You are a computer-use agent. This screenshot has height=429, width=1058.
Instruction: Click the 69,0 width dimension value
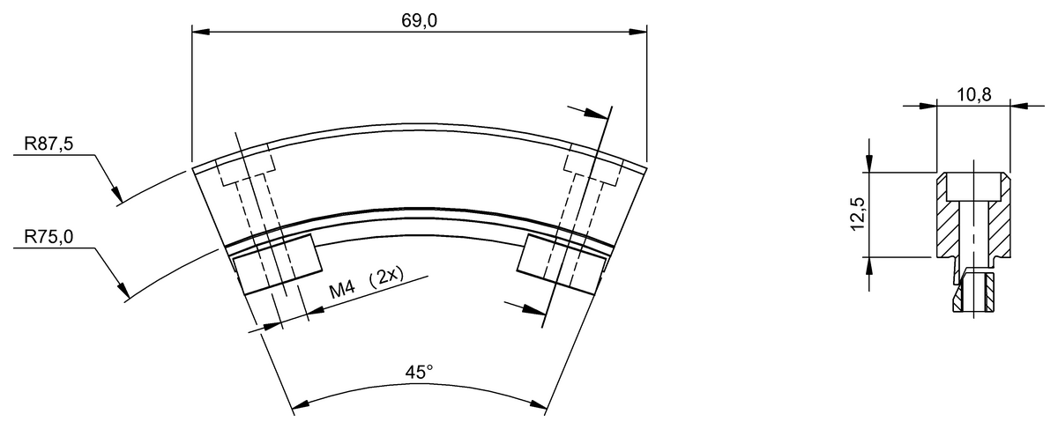pyautogui.click(x=419, y=21)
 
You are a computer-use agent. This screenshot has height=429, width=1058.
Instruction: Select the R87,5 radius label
pyautogui.click(x=49, y=144)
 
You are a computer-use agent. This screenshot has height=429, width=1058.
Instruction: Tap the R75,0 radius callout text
pyautogui.click(x=49, y=237)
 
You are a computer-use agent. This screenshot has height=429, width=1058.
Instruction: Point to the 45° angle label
pyautogui.click(x=419, y=373)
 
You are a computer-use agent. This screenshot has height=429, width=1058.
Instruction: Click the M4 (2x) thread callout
pyautogui.click(x=367, y=283)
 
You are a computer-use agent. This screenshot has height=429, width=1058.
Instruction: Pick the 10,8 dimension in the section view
pyautogui.click(x=974, y=95)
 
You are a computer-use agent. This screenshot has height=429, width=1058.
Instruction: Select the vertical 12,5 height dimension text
pyautogui.click(x=857, y=214)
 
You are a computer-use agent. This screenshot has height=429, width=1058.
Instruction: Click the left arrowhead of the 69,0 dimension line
pyautogui.click(x=201, y=32)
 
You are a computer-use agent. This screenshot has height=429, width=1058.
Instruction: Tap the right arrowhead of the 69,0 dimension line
pyautogui.click(x=638, y=32)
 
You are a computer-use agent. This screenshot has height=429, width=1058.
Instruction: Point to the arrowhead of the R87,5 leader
pyautogui.click(x=116, y=194)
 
